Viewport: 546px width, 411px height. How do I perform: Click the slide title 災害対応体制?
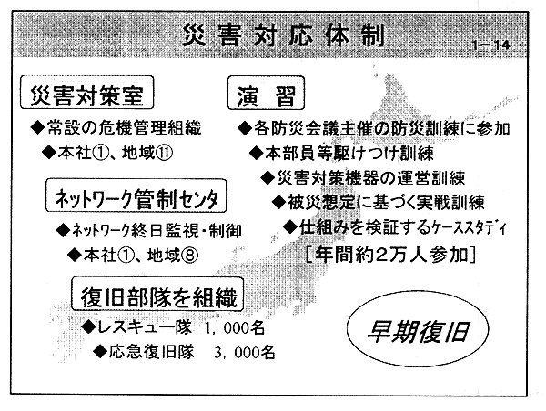[283, 35]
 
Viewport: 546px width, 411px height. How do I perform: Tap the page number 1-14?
[491, 45]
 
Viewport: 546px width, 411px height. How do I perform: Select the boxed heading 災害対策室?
[86, 92]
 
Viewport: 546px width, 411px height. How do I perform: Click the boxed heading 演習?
[266, 93]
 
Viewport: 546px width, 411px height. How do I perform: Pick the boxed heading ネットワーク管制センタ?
[136, 195]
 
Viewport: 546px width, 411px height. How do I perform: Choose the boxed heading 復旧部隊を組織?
[157, 294]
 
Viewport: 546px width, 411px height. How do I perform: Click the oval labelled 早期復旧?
[418, 329]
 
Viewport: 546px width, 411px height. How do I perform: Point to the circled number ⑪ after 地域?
[164, 153]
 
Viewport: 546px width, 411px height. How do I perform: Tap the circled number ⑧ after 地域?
[190, 256]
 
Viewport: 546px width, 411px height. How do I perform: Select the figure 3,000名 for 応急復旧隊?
[245, 353]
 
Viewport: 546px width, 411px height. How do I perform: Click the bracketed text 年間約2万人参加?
[390, 255]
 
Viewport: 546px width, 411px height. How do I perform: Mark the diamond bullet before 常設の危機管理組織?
[37, 127]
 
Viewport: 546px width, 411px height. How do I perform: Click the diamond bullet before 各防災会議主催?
[245, 129]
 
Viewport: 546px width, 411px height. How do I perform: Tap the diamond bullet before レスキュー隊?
[88, 327]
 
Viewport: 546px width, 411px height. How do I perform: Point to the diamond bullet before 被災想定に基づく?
[278, 202]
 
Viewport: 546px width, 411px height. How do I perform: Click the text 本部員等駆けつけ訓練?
[349, 153]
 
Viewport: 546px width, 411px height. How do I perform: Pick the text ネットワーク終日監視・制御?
[157, 230]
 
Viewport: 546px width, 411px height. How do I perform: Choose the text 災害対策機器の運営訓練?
[371, 178]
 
